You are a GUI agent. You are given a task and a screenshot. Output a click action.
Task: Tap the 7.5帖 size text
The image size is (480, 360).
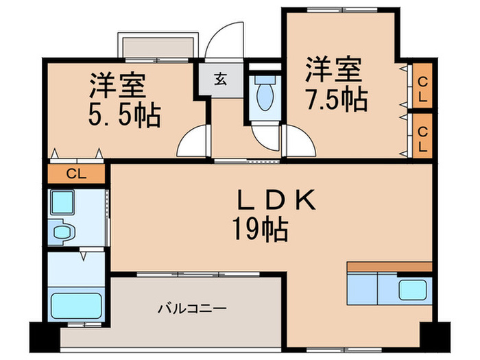coord(336,100)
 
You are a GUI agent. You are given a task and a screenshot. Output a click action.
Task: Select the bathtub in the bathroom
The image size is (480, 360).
coord(76,302)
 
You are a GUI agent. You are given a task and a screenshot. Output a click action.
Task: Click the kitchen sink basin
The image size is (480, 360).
coord(413,290)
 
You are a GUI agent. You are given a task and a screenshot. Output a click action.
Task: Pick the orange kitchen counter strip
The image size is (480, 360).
coord(389,267)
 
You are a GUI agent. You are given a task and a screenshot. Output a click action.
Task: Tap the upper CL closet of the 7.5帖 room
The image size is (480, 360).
coord(422,88)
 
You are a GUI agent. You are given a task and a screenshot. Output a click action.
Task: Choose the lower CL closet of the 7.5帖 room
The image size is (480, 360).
coord(422,136)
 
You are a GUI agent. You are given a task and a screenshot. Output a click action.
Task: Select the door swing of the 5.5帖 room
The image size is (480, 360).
coord(192,143)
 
